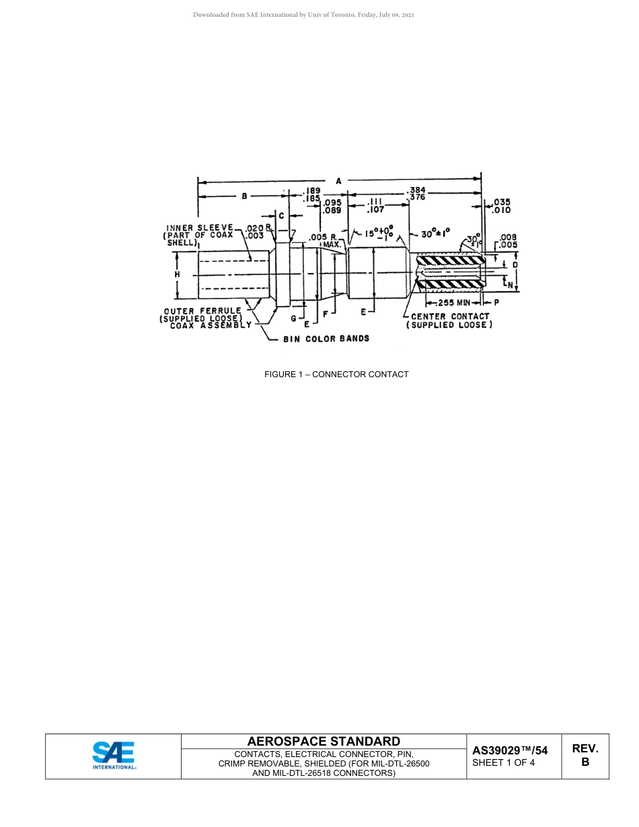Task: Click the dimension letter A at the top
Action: pos(338,180)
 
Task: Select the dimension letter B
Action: pos(244,196)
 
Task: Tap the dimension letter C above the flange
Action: pos(282,215)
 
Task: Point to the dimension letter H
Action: pos(177,274)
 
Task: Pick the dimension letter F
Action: pos(325,313)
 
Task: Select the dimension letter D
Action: pos(515,265)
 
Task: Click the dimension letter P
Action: pos(496,303)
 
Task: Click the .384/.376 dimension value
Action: pos(417,194)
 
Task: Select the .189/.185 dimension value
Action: pos(311,195)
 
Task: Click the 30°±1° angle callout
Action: pos(436,234)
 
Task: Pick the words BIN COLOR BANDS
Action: pos(326,339)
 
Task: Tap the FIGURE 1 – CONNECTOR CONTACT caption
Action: pos(336,375)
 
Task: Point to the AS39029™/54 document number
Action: pos(510,750)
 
